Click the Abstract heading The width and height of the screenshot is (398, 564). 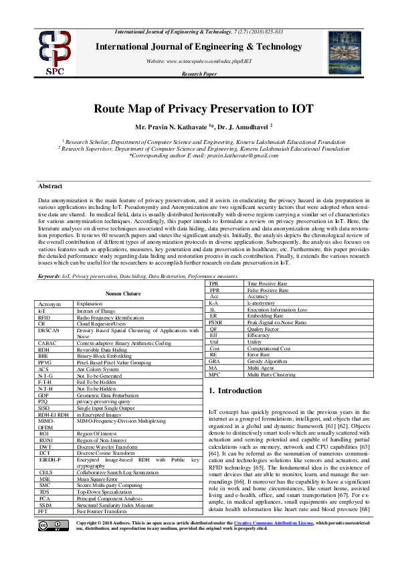coord(49,186)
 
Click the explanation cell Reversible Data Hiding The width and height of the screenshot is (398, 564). coord(101,349)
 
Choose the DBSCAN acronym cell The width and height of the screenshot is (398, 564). coord(49,330)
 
